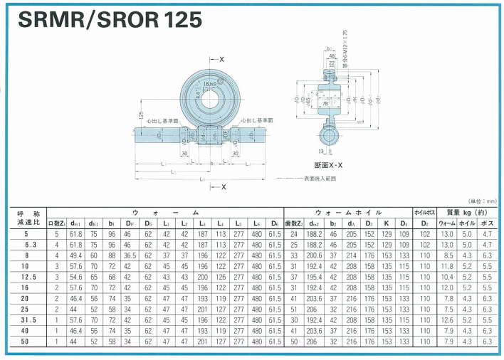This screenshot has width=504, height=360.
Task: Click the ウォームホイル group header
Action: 348,212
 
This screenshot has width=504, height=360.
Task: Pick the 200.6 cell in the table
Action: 314,254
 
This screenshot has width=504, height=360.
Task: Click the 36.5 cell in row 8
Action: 129,254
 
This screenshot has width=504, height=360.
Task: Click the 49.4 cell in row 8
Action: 75,254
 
